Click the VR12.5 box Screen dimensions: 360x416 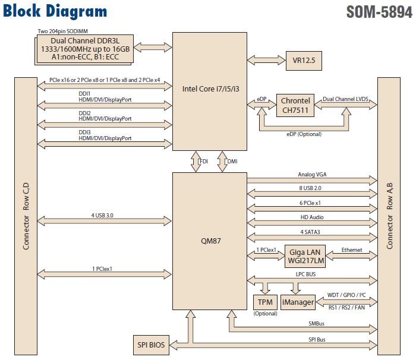[x=304, y=60]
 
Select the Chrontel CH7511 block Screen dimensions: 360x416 [x=295, y=105]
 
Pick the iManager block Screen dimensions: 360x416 [x=298, y=302]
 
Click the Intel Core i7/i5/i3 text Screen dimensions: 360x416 [x=210, y=89]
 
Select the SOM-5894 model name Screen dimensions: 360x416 [x=378, y=12]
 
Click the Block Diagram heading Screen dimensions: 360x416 [x=55, y=11]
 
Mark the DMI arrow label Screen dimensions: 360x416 [x=233, y=160]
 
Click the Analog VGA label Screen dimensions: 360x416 [x=312, y=175]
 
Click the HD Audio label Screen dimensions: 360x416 [x=312, y=217]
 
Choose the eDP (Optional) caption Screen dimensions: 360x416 [x=303, y=134]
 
